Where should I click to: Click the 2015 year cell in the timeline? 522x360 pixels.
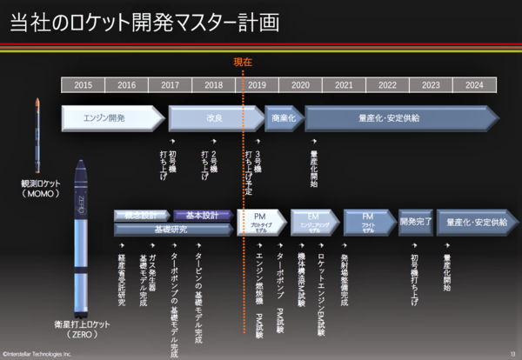(83, 85)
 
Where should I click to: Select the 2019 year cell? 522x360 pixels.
(257, 85)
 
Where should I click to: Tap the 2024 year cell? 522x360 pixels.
(474, 85)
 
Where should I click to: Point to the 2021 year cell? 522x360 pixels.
(344, 85)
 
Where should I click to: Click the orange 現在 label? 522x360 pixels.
(243, 62)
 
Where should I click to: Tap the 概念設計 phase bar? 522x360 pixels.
(141, 215)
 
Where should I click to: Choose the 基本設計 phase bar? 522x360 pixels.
(203, 215)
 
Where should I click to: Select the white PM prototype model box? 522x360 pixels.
(260, 221)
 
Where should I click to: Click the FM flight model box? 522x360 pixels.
(366, 221)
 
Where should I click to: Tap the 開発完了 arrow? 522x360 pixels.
(415, 222)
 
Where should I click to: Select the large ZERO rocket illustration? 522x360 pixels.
(79, 235)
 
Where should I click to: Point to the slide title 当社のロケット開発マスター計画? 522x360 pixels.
(144, 23)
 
